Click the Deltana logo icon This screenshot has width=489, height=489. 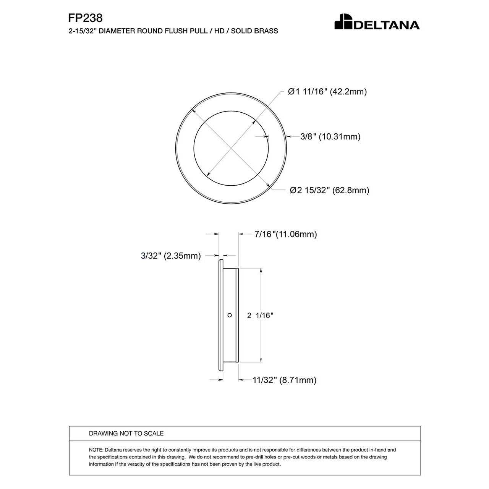[343, 22]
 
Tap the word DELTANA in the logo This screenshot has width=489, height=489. [387, 25]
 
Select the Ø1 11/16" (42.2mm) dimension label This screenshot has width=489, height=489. [327, 92]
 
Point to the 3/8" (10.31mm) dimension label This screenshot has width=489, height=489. [330, 137]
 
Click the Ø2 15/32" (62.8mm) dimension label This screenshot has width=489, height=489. [329, 190]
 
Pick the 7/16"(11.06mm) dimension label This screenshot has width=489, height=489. [285, 234]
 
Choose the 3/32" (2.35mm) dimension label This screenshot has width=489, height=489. [171, 256]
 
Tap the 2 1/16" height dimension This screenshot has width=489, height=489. [260, 316]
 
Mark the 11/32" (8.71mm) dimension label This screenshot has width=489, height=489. [284, 380]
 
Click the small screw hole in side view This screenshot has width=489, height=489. [230, 315]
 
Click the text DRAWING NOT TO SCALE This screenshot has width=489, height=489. [126, 433]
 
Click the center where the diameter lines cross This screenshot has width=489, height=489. [231, 149]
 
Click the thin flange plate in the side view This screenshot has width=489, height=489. [220, 315]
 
